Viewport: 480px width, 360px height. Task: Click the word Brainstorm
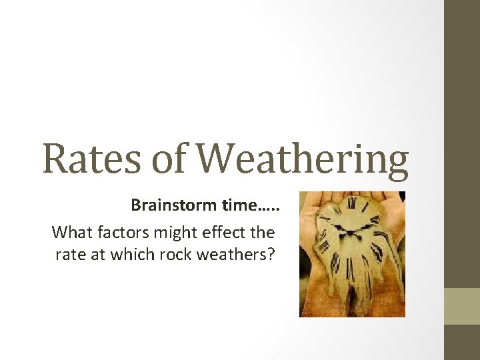coord(173,205)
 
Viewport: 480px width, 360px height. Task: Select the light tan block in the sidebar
coord(461,306)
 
